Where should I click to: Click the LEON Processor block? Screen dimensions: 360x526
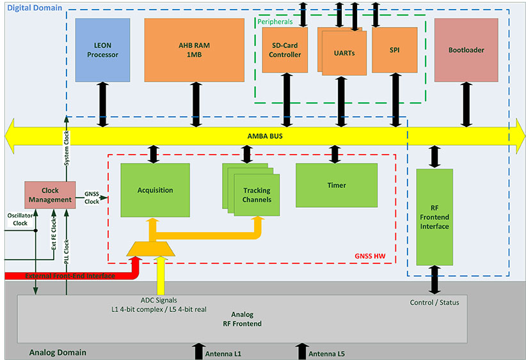coord(102,50)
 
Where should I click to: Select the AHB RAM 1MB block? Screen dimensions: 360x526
coord(194,50)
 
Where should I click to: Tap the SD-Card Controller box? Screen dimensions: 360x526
coord(285,50)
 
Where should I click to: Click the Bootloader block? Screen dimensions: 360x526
coord(466,50)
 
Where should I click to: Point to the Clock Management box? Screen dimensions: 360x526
coord(50,194)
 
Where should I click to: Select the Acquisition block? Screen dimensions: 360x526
coord(155,190)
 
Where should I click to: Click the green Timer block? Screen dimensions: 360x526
coord(336,185)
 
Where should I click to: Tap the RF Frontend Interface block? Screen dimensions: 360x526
coord(434,217)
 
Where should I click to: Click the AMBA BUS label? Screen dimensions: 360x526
coord(265,137)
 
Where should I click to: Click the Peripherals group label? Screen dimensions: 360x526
coord(275,21)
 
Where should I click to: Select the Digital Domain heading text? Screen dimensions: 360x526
coord(35,8)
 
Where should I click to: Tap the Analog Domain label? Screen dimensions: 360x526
coord(58,352)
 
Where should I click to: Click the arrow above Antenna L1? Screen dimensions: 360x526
coord(197,350)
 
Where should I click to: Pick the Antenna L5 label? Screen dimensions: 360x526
coord(327,354)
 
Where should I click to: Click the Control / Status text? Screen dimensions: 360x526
coord(434,301)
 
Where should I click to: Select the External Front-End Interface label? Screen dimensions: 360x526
coord(70,276)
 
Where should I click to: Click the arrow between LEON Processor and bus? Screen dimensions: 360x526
coord(102,104)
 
